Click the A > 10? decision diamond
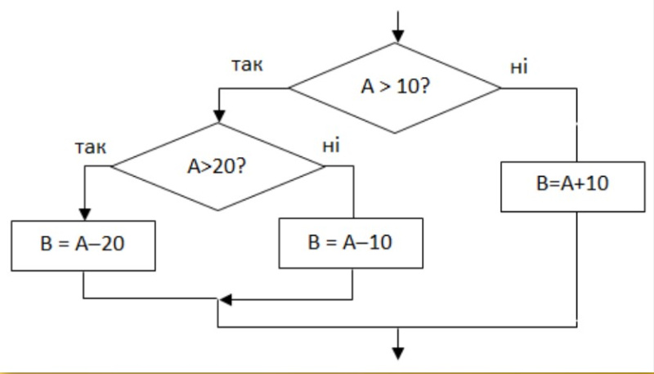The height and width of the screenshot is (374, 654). pos(395,88)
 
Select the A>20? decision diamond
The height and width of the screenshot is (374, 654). pos(217,166)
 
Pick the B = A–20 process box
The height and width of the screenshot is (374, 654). pos(83,242)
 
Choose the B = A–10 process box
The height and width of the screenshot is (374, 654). pos(353,242)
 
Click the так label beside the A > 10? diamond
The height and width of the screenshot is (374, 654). pos(247,65)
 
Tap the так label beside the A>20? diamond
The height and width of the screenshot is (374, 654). pos(91,147)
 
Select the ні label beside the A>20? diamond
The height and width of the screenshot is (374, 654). pos(331,146)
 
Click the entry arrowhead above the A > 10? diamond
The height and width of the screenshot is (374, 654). pos(398,36)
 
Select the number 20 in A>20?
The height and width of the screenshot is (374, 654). pos(226,166)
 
